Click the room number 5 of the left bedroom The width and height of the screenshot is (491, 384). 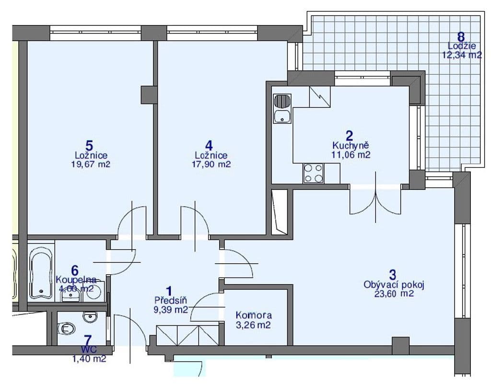coord(89,145)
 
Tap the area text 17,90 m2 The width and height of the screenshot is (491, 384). coord(212,164)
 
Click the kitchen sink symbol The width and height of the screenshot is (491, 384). coord(281,109)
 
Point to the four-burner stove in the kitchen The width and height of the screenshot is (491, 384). coord(314,173)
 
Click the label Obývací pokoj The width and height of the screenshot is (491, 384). coord(394,285)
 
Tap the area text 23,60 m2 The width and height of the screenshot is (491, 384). coord(394,294)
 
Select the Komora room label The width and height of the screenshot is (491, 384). coord(254,315)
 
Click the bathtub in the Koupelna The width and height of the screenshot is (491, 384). coord(42,270)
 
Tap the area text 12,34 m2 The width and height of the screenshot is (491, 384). coord(462,55)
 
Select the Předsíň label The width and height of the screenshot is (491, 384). coord(170,301)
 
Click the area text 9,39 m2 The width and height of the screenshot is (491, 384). coord(171,310)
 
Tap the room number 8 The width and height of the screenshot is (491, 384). coord(461,36)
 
